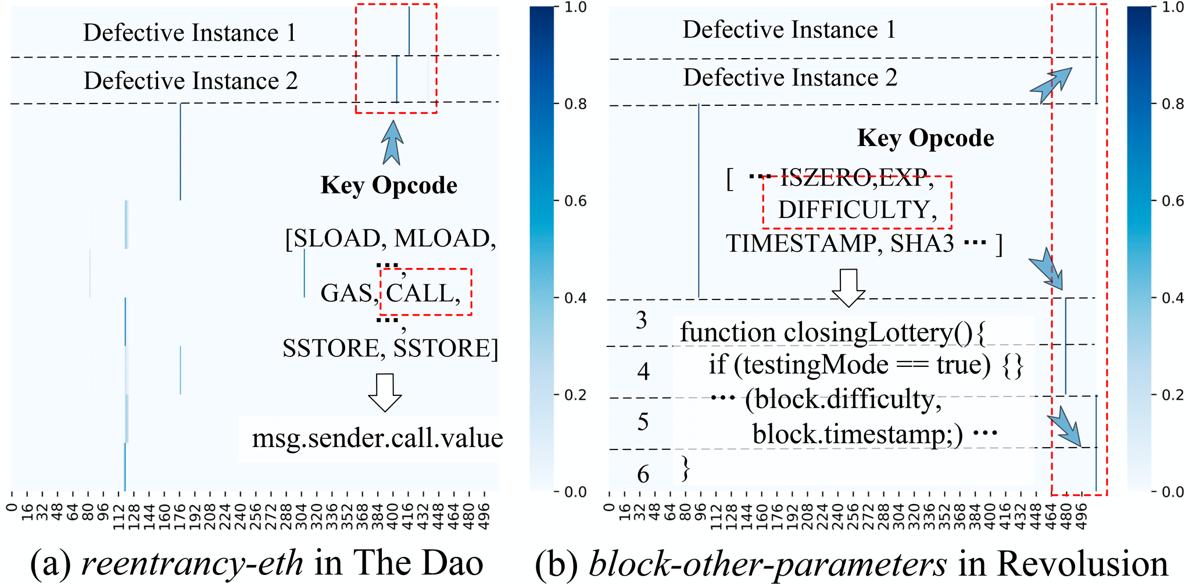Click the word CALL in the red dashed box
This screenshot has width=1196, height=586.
[420, 293]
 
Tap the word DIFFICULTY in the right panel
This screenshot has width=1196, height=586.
[854, 210]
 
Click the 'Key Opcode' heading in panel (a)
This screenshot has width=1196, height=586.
[389, 185]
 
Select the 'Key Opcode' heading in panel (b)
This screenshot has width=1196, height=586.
[925, 138]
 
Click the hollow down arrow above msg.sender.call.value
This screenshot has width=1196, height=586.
[385, 392]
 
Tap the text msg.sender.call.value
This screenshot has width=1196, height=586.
[377, 438]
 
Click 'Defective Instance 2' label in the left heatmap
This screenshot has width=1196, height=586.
[191, 81]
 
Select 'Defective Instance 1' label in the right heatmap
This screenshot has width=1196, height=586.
[789, 30]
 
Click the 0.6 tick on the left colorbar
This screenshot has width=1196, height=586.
[575, 201]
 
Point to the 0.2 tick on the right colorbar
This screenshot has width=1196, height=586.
[1173, 395]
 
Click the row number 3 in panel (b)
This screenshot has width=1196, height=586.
[641, 320]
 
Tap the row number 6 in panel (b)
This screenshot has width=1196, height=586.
[643, 474]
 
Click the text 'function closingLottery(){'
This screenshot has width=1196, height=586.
[832, 333]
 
